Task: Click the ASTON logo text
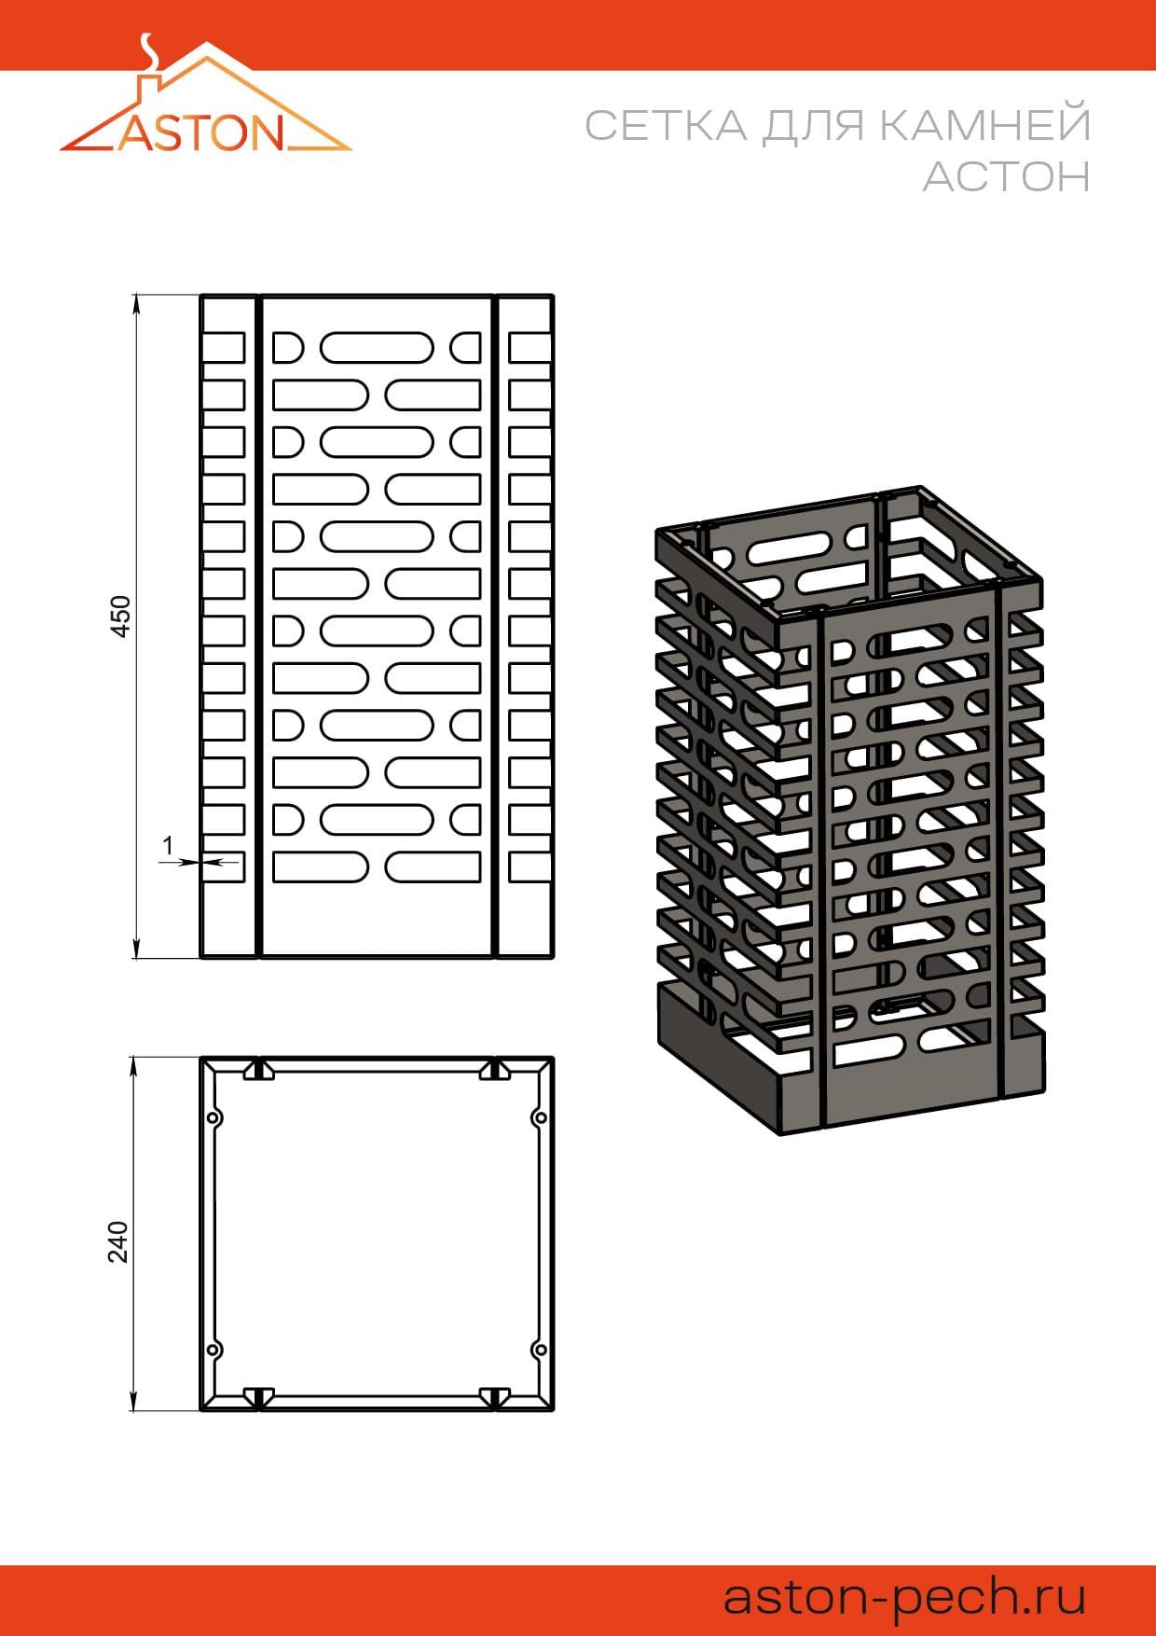(x=201, y=132)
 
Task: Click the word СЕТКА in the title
(x=667, y=125)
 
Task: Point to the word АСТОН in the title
(x=1007, y=175)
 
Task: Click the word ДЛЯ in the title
(x=813, y=126)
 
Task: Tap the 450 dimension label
(x=121, y=616)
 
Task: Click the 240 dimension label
(x=118, y=1241)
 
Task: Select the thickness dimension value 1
(x=168, y=846)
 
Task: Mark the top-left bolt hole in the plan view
(x=213, y=1117)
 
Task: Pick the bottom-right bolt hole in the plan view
(x=539, y=1350)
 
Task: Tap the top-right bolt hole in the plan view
(x=539, y=1117)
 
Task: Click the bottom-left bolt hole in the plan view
(x=213, y=1350)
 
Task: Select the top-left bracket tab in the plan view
(x=258, y=1071)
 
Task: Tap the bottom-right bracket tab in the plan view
(x=495, y=1397)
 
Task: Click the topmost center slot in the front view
(x=377, y=348)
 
